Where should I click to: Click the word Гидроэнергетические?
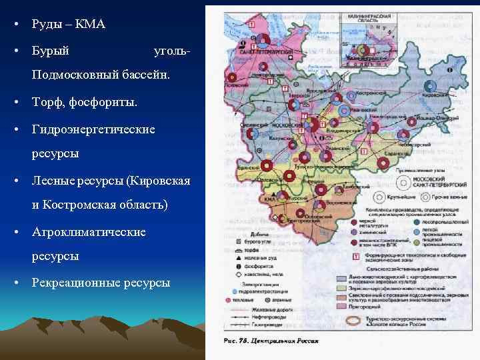pyautogui.click(x=93, y=128)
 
